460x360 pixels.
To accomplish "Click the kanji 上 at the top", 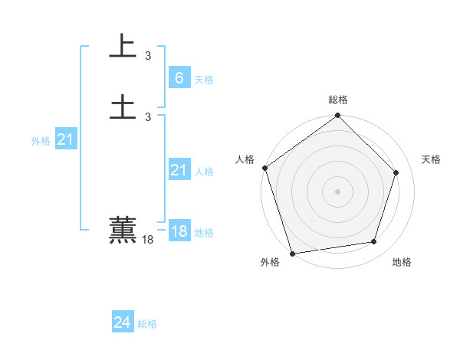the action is (123, 45).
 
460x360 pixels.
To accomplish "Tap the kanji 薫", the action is (123, 230).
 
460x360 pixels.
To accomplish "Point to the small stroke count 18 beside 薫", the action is (148, 240).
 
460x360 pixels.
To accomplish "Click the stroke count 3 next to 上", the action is (148, 55).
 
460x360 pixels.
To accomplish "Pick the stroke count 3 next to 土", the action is (148, 116).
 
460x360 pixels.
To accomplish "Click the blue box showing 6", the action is (179, 78).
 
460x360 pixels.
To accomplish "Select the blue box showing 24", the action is (123, 323).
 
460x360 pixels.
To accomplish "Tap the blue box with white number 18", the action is (179, 231).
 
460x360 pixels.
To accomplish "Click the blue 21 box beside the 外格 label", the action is (66, 139).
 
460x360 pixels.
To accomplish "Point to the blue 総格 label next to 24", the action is (147, 324).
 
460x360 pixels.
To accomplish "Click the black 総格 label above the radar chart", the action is (338, 100).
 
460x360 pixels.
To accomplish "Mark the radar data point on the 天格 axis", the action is (396, 172).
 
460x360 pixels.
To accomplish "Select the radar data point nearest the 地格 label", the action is (374, 242).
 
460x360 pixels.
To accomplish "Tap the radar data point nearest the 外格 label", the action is (292, 254).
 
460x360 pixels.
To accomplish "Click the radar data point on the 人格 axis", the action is (264, 168).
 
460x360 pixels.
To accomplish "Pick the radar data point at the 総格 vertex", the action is (337, 116).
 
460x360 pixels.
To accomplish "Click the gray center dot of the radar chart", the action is (337, 191).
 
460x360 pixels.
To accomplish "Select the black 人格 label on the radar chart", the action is (245, 159).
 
